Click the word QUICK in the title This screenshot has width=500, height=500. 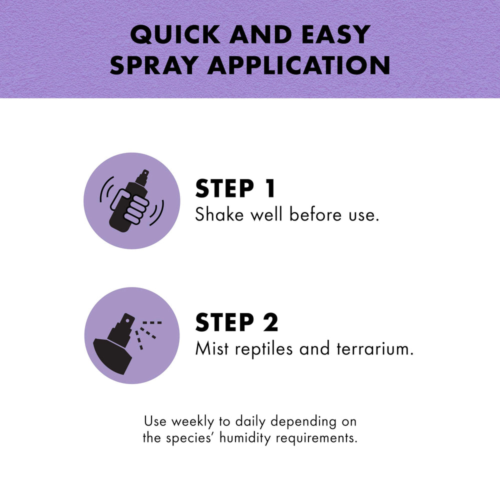[x=175, y=34]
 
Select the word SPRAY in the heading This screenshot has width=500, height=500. [x=153, y=65]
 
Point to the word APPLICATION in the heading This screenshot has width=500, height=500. [x=299, y=65]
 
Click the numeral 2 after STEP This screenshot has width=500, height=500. [x=271, y=322]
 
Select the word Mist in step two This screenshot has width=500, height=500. [x=212, y=348]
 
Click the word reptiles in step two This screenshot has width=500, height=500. [x=263, y=349]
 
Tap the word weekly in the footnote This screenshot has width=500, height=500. [x=192, y=422]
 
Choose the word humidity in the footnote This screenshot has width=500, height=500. [x=245, y=438]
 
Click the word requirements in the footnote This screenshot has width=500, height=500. [x=316, y=438]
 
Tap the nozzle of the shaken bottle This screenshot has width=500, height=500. [x=142, y=177]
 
